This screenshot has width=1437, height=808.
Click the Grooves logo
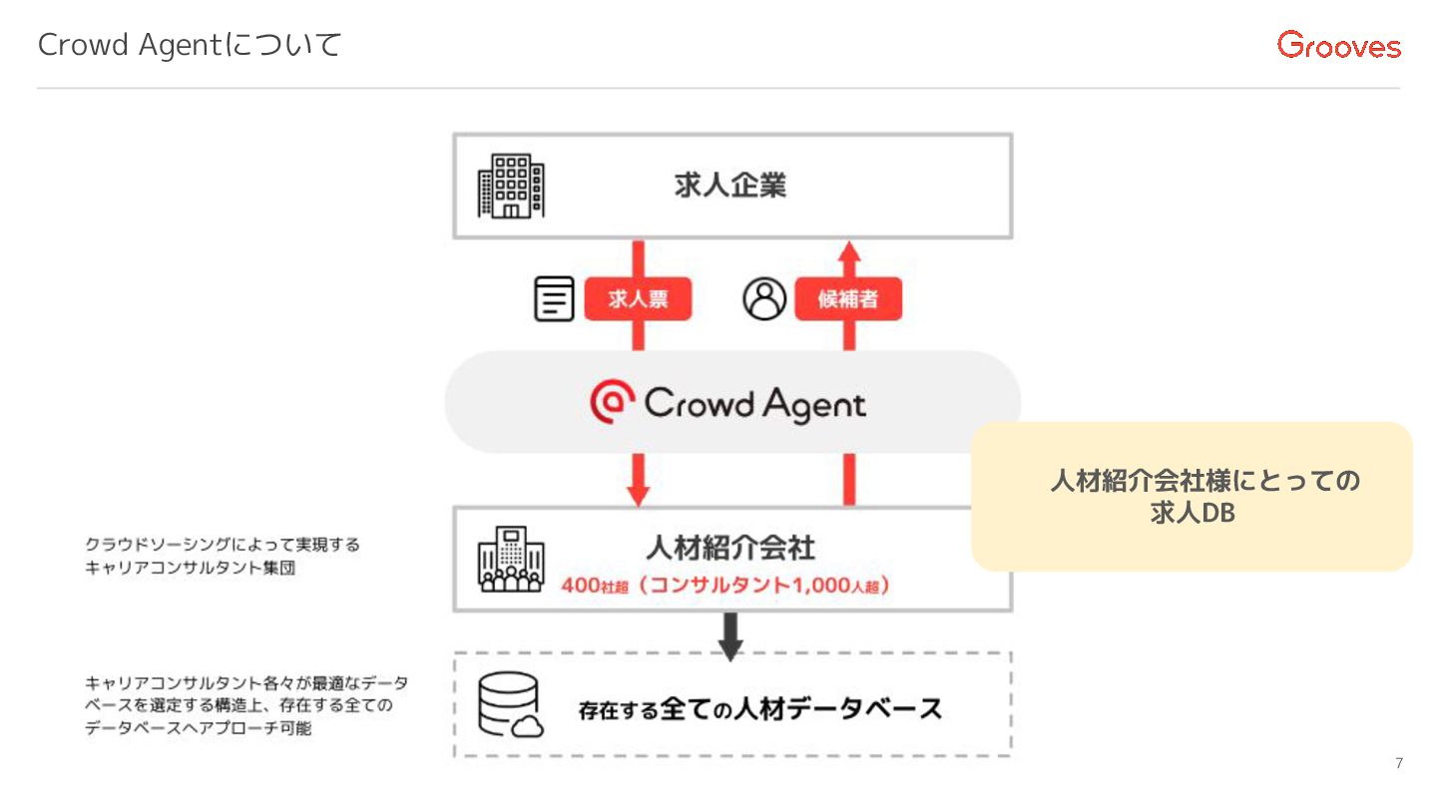tap(1338, 45)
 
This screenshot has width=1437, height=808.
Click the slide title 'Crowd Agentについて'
tap(190, 45)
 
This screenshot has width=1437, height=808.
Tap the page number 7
tap(1398, 764)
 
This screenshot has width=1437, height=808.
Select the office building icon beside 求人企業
tap(511, 187)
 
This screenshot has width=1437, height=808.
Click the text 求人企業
tap(729, 187)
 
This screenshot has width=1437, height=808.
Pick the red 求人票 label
tap(638, 299)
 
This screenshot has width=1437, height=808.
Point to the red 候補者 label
tap(848, 299)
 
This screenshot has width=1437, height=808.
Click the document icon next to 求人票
tap(555, 299)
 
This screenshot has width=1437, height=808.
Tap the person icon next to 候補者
tap(764, 299)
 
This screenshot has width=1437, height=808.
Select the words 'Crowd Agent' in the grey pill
tap(754, 404)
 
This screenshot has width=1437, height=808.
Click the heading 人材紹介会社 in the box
tap(729, 548)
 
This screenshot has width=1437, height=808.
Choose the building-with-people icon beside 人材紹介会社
tap(511, 560)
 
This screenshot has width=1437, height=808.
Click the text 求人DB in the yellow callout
tap(1193, 514)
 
